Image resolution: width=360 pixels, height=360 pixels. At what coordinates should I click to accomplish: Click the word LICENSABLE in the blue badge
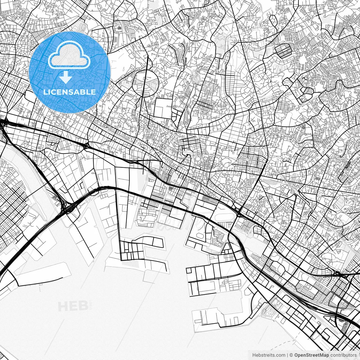click(69, 92)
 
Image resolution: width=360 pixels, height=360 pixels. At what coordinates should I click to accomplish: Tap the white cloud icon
click(69, 55)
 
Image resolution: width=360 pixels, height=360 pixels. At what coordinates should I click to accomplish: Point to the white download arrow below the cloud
click(66, 77)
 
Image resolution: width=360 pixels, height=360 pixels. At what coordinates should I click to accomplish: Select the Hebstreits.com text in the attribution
click(268, 355)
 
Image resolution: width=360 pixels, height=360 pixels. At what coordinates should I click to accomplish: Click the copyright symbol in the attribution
click(292, 355)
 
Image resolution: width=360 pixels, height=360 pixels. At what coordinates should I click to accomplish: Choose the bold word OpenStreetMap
click(312, 355)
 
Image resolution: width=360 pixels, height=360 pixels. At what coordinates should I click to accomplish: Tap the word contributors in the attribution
click(343, 355)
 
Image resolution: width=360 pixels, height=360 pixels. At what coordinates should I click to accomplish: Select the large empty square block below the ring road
click(163, 109)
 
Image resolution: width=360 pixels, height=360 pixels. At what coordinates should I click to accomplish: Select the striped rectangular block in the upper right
click(284, 50)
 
